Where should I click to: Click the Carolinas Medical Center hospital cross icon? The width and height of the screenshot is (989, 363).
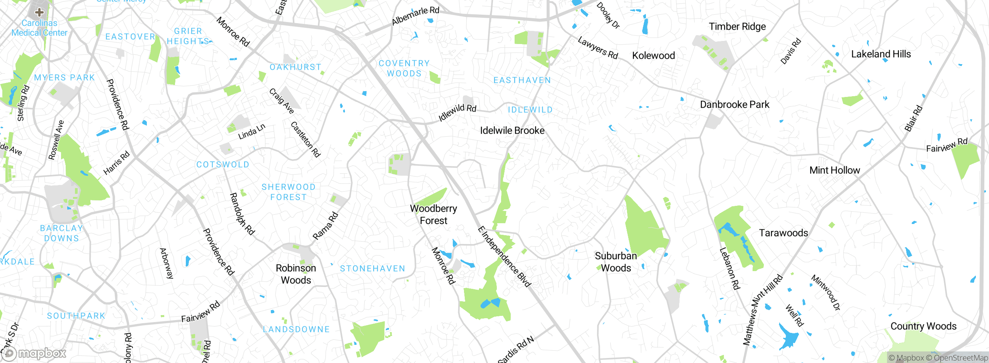click(39, 12)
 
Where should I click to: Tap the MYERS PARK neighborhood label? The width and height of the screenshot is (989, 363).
click(65, 78)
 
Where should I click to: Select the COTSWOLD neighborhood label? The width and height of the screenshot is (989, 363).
click(223, 165)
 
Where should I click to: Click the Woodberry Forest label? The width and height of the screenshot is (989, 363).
click(433, 214)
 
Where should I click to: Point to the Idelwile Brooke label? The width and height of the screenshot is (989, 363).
click(512, 131)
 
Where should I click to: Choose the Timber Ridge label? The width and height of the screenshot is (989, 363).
click(737, 27)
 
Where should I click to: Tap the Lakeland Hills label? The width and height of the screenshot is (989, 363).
click(881, 54)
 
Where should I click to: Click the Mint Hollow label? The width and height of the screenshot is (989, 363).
click(834, 170)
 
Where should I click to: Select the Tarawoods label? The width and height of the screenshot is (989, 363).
click(783, 233)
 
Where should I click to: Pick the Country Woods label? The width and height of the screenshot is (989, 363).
click(923, 326)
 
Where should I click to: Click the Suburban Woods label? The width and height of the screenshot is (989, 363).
click(616, 262)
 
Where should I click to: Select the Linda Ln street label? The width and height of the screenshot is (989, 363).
click(251, 132)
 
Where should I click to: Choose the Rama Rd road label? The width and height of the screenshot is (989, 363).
click(325, 226)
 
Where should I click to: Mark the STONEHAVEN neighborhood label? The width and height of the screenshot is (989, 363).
click(372, 269)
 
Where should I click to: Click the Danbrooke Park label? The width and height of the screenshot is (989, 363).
click(734, 105)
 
